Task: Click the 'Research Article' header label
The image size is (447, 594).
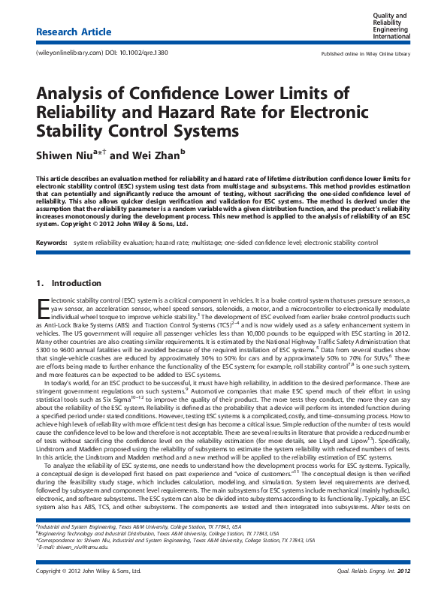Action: coord(74,32)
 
